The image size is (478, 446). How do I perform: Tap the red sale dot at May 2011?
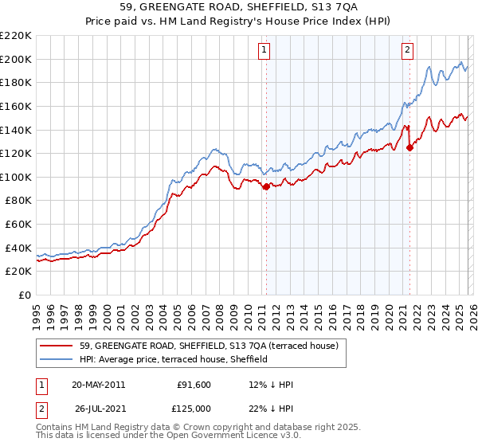(265, 186)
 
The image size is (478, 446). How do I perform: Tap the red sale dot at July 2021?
(409, 147)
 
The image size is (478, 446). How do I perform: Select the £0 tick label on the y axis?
(24, 295)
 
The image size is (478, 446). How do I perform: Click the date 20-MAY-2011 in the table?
(98, 385)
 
